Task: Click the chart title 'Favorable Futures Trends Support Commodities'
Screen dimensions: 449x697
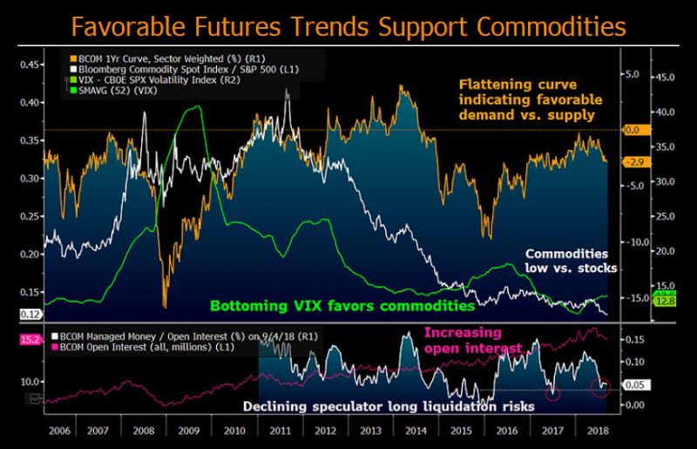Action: [348, 26]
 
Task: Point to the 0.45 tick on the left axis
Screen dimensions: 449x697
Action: [30, 65]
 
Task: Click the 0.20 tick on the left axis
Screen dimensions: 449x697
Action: [30, 255]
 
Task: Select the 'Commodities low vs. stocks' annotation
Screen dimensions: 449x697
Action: [570, 261]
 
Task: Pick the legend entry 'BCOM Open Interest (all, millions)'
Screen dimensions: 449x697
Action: [157, 346]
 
